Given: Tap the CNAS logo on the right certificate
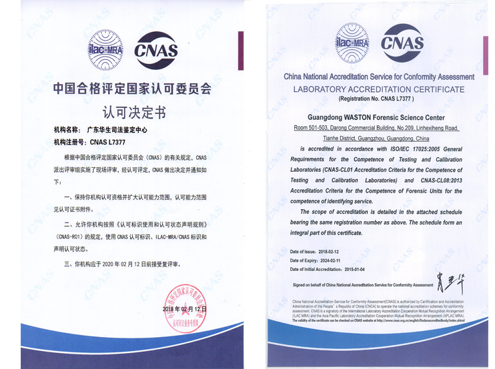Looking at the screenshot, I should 402,43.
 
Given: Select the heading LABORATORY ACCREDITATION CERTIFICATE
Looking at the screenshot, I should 379,89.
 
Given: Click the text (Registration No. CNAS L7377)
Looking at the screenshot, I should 378,99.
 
